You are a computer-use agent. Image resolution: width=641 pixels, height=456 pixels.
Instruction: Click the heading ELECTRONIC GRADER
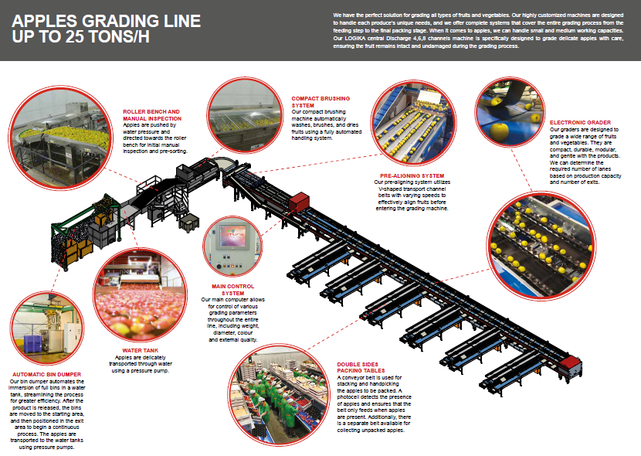click(580, 122)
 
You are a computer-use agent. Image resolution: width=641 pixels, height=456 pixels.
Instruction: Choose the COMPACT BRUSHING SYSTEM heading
click(320, 102)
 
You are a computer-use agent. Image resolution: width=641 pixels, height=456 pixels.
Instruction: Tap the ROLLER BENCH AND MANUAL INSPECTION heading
click(151, 114)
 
